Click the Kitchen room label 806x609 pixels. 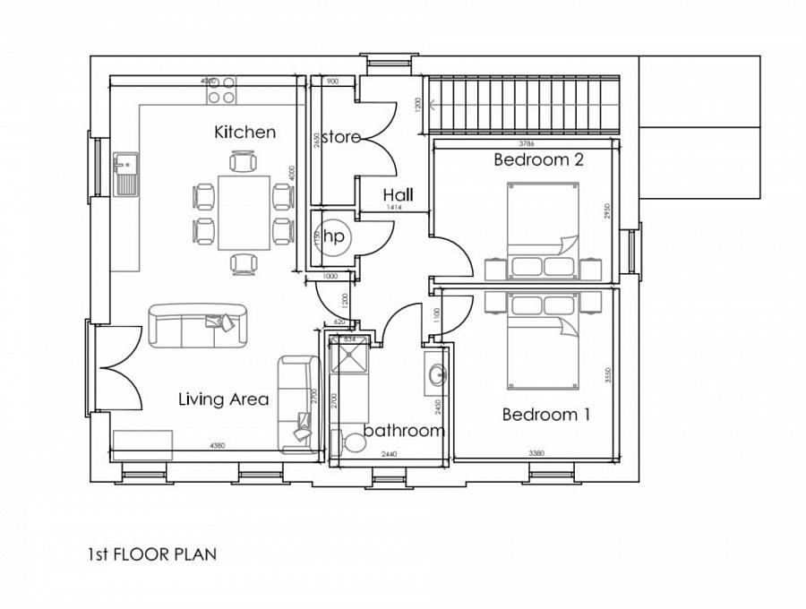(244, 133)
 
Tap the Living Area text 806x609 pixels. (223, 399)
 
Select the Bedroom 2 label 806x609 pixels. (538, 160)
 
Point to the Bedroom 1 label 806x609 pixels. (545, 415)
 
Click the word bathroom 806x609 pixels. (404, 431)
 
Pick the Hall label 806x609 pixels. (398, 194)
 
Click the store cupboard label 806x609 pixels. (340, 137)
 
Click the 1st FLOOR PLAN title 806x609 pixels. (151, 554)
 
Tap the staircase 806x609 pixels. (525, 105)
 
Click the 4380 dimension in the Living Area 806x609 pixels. (218, 445)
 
